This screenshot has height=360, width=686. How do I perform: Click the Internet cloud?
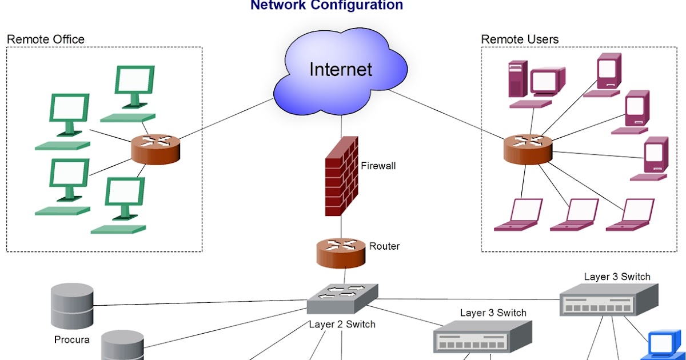[341, 71]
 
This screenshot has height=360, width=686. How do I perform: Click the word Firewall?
[378, 166]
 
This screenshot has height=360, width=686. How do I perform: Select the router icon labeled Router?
[341, 253]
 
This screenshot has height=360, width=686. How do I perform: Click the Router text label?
[384, 246]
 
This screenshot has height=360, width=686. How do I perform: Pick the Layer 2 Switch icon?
[342, 298]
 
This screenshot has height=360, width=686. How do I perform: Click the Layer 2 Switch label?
[342, 325]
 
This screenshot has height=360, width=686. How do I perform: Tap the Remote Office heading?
[46, 39]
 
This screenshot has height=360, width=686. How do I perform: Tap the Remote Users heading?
[520, 39]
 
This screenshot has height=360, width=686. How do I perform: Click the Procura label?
[71, 340]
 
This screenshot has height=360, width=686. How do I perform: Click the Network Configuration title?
[326, 6]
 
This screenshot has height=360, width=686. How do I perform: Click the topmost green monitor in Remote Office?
[134, 86]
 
